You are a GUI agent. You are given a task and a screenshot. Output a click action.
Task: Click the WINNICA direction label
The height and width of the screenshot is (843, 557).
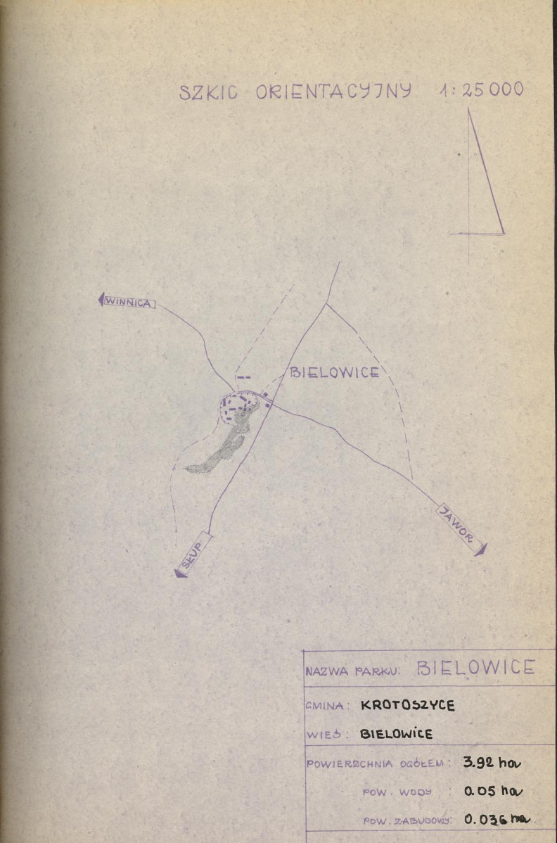[129, 303]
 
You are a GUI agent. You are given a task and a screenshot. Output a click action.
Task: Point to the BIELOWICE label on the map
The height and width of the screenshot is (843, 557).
[335, 372]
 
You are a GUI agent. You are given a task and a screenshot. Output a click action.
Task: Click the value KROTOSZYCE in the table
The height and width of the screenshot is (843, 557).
[408, 705]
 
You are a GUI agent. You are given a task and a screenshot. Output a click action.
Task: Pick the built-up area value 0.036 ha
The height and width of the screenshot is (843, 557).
[497, 819]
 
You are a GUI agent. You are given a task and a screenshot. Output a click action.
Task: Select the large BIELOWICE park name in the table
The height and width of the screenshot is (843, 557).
[476, 667]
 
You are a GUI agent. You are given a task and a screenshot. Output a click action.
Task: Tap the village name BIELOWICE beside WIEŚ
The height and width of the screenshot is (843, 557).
[396, 734]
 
